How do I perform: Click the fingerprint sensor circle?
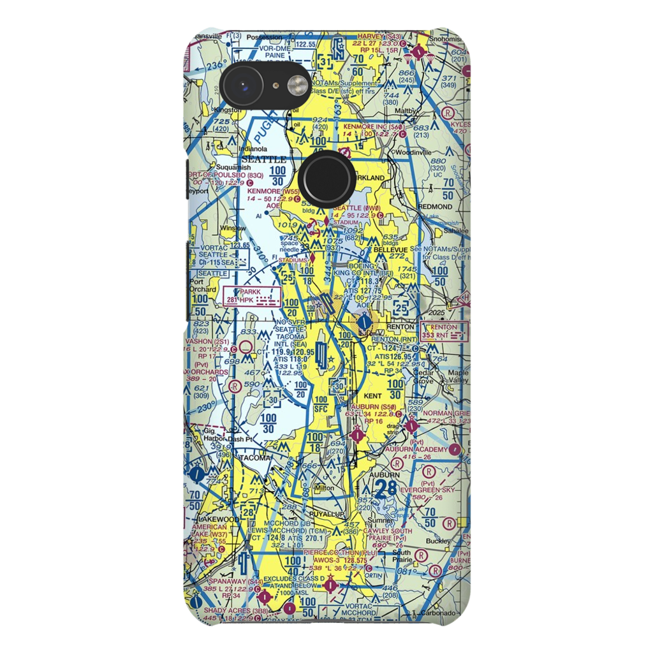(326, 178)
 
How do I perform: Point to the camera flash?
(297, 85)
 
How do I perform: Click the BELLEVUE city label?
(390, 250)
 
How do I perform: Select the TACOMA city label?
(254, 458)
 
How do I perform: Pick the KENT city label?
(372, 396)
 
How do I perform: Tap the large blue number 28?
(386, 490)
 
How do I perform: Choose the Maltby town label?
(407, 110)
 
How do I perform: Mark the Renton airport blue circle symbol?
(363, 324)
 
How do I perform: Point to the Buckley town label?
(439, 541)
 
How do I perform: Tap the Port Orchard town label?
(200, 284)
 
